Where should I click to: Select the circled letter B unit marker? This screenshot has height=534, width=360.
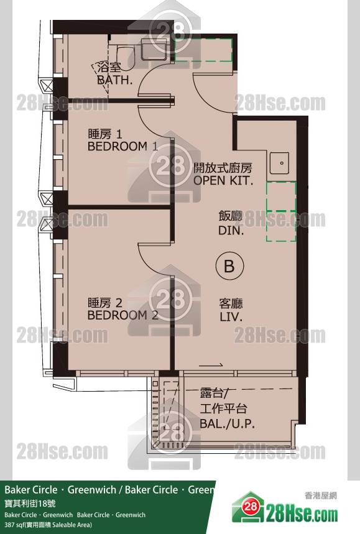(229, 265)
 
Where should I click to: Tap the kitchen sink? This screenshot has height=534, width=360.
(280, 163)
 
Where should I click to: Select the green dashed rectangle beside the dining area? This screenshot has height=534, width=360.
(281, 212)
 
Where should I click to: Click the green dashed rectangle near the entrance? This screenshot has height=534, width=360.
(204, 50)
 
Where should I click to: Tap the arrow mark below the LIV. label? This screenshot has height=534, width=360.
(211, 365)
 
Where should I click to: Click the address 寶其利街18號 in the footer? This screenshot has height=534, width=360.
(30, 504)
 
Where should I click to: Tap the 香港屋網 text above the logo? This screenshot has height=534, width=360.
(320, 495)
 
